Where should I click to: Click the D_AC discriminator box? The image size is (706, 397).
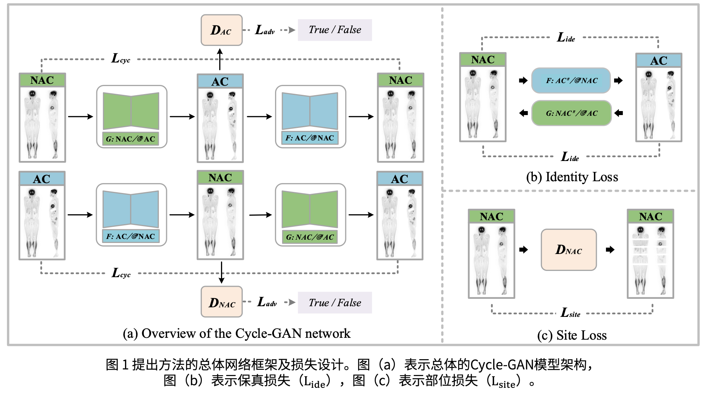(x=221, y=30)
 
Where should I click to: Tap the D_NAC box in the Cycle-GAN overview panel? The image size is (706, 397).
(x=221, y=302)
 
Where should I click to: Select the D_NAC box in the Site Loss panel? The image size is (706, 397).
(x=568, y=250)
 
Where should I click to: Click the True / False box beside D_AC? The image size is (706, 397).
(x=335, y=30)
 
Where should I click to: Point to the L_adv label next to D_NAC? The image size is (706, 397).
(x=267, y=302)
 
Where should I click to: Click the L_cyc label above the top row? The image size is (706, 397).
(x=121, y=58)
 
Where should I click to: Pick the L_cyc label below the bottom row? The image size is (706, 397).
(x=121, y=273)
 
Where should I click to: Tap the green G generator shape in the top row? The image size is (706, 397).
(x=131, y=111)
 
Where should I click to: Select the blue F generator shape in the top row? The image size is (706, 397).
(x=310, y=111)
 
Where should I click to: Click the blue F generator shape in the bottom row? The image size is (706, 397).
(x=131, y=209)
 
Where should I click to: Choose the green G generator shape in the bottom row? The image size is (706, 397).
(x=310, y=209)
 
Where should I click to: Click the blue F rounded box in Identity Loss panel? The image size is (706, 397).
(x=571, y=81)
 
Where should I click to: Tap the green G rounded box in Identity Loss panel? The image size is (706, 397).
(x=571, y=113)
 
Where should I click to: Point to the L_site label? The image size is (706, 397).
(x=570, y=313)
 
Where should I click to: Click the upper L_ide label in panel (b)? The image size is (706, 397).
(x=566, y=37)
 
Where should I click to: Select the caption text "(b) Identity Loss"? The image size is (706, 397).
(x=572, y=177)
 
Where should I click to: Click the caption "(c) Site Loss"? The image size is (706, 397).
(x=572, y=335)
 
